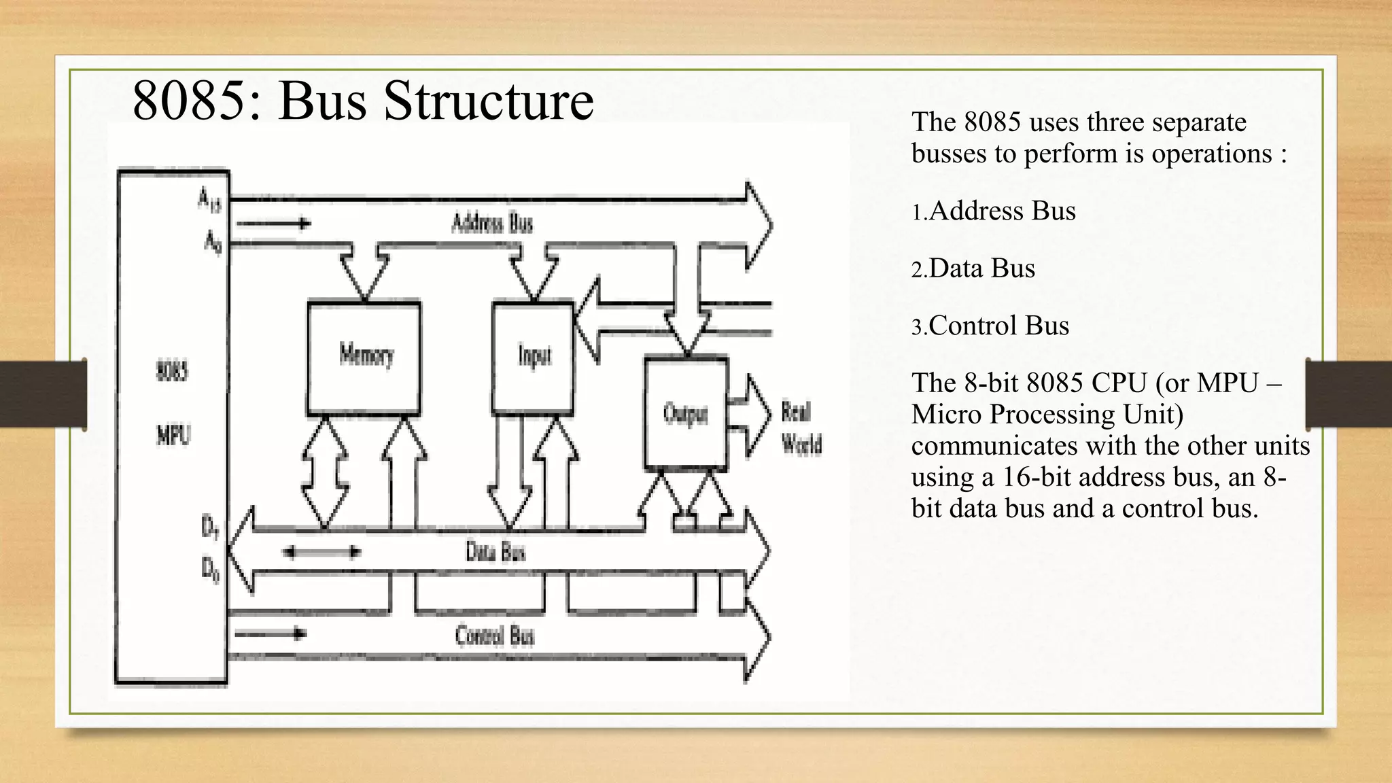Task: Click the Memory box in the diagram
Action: pyautogui.click(x=364, y=357)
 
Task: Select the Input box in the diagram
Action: pyautogui.click(x=533, y=357)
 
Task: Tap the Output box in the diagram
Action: pyautogui.click(x=686, y=413)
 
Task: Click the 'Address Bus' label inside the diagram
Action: pyautogui.click(x=492, y=223)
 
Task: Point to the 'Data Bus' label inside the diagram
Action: pyautogui.click(x=495, y=551)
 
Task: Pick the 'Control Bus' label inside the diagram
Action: pyautogui.click(x=494, y=636)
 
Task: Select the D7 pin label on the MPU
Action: pyautogui.click(x=210, y=528)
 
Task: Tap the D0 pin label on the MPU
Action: pyautogui.click(x=210, y=570)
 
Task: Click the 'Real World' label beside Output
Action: pyautogui.click(x=801, y=428)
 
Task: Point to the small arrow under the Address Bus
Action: pyautogui.click(x=273, y=223)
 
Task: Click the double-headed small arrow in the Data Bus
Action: pyautogui.click(x=321, y=552)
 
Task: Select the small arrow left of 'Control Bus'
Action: pyautogui.click(x=271, y=634)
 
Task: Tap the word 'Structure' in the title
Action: pyautogui.click(x=488, y=101)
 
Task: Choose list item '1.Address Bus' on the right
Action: pyautogui.click(x=994, y=211)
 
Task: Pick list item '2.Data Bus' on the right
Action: pyautogui.click(x=973, y=268)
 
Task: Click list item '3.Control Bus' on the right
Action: pyautogui.click(x=990, y=326)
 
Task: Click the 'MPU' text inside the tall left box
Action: pyautogui.click(x=173, y=434)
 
